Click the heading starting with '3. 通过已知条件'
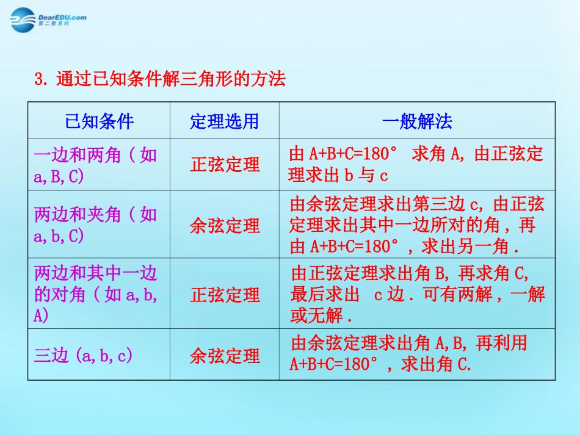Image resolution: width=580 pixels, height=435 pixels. (x=160, y=79)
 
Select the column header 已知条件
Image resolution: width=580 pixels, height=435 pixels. (x=99, y=121)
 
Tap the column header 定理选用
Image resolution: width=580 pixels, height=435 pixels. (x=224, y=121)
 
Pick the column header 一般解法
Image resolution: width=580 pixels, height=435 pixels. (x=417, y=121)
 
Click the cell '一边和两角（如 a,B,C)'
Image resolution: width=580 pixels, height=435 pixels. (x=96, y=165)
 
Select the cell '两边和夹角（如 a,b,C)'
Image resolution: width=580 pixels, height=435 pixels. (x=96, y=225)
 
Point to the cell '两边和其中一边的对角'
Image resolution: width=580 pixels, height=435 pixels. (x=96, y=295)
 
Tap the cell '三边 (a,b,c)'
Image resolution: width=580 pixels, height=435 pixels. (x=84, y=356)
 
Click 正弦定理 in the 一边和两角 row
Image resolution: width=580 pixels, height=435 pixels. (x=225, y=165)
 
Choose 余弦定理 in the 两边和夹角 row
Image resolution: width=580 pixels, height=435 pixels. (x=225, y=226)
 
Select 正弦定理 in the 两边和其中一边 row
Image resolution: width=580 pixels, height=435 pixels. (x=225, y=295)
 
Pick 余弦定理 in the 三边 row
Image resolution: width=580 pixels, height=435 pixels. (x=225, y=356)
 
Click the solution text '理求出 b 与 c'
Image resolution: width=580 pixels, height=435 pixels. (x=339, y=176)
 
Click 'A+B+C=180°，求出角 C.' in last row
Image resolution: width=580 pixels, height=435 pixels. (x=380, y=365)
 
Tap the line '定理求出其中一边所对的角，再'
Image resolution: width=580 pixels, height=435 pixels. (x=413, y=226)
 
